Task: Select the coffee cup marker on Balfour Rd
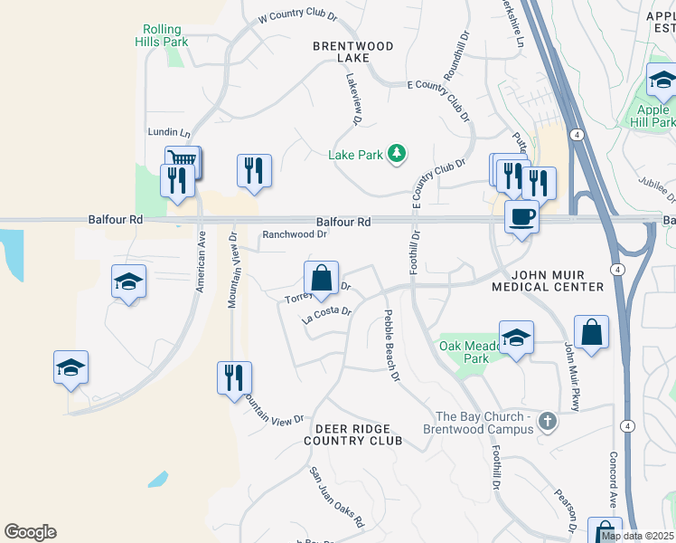(521, 217)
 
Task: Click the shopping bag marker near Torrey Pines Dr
(322, 279)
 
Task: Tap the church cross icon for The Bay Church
(546, 422)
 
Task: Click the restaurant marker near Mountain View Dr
(234, 377)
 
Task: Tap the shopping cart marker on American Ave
(183, 160)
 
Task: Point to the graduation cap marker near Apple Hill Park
(662, 83)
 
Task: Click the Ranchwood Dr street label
(294, 233)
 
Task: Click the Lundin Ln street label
(169, 132)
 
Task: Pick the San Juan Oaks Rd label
(336, 497)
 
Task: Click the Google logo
(30, 532)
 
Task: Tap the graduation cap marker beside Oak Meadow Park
(516, 338)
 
